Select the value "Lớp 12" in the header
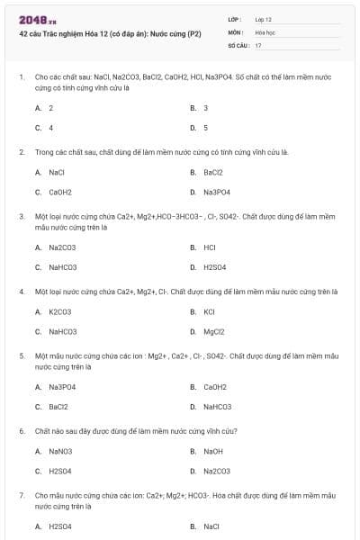click(264, 19)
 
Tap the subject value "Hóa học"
click(265, 31)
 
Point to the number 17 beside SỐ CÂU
click(258, 44)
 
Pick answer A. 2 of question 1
click(45, 108)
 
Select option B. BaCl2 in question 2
click(207, 172)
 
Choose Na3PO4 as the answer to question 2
click(211, 192)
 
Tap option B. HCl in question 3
click(203, 247)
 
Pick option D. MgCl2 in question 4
click(208, 331)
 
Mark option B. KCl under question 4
click(202, 311)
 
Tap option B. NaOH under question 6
click(206, 451)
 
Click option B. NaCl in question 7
click(205, 526)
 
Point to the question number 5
click(22, 356)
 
